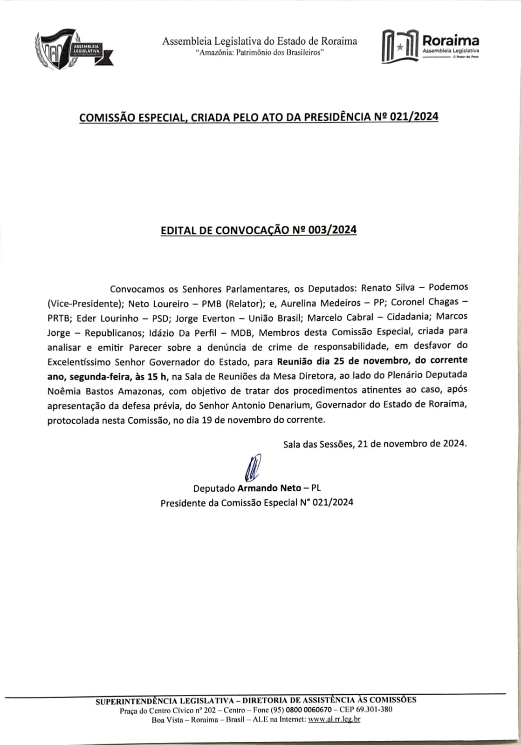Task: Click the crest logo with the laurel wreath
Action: point(73,49)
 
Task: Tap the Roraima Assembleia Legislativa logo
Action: point(430,46)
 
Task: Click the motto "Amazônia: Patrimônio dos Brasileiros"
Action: point(260,53)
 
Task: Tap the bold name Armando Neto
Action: point(269,488)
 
